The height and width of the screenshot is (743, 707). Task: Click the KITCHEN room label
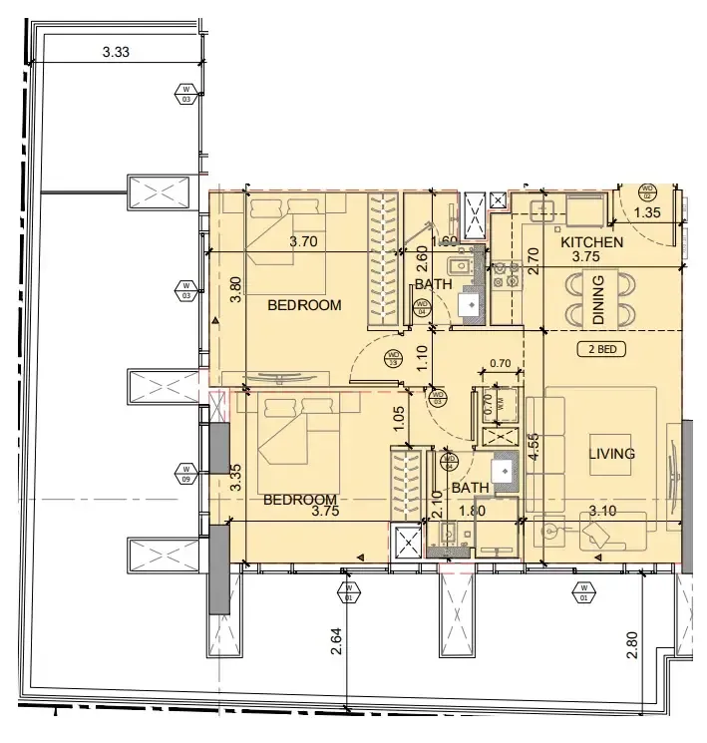pos(591,242)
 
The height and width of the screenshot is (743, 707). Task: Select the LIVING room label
pos(611,454)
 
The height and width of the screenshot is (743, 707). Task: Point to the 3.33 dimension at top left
pos(117,52)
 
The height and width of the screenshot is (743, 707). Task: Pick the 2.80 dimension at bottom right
pos(630,644)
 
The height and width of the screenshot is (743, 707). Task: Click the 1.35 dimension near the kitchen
pos(648,212)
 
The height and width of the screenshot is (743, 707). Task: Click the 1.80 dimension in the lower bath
pos(472,512)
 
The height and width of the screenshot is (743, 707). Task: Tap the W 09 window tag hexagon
pos(185,470)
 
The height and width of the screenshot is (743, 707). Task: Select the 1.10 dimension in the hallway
pos(422,357)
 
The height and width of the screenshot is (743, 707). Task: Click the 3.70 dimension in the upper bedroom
pos(303,241)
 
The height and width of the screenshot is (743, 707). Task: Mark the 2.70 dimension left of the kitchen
pos(532,259)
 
